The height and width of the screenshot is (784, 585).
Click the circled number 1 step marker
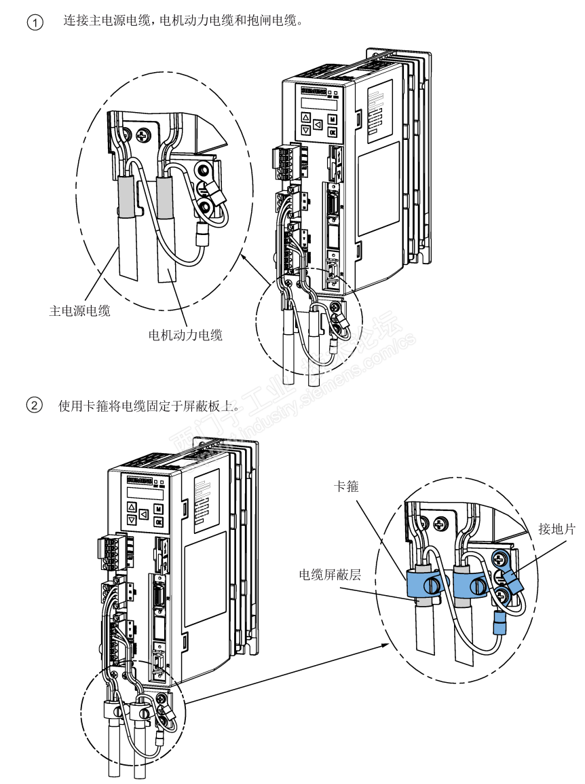pyautogui.click(x=34, y=22)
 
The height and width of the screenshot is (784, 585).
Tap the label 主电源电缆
pyautogui.click(x=80, y=311)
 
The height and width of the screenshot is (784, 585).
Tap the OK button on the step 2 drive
pyautogui.click(x=157, y=522)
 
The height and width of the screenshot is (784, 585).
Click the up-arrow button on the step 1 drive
pyautogui.click(x=305, y=116)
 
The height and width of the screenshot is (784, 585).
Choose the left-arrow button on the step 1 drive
pyautogui.click(x=318, y=124)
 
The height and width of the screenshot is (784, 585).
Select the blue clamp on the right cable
pyautogui.click(x=468, y=583)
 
